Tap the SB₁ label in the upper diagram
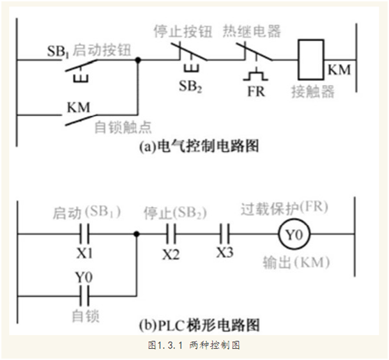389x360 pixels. tap(58, 52)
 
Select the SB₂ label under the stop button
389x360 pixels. tap(190, 86)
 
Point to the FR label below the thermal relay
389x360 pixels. tap(256, 91)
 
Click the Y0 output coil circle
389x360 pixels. tap(294, 234)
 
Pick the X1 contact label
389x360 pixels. tap(84, 253)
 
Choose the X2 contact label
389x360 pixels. tap(171, 254)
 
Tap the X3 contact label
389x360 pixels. tap(224, 252)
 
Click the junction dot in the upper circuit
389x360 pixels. tap(138, 60)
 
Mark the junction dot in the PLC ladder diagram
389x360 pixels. tap(136, 234)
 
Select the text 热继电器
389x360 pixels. tap(252, 31)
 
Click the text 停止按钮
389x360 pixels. tap(183, 31)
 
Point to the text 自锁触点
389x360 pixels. tap(123, 127)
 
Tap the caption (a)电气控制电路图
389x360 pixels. tap(199, 146)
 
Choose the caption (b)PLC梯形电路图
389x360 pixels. tap(199, 324)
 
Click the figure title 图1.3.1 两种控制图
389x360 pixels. tap(194, 345)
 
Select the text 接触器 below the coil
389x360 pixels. tap(313, 92)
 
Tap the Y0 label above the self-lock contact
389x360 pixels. tap(84, 277)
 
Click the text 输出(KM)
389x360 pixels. tap(296, 262)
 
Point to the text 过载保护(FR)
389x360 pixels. tap(284, 208)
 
